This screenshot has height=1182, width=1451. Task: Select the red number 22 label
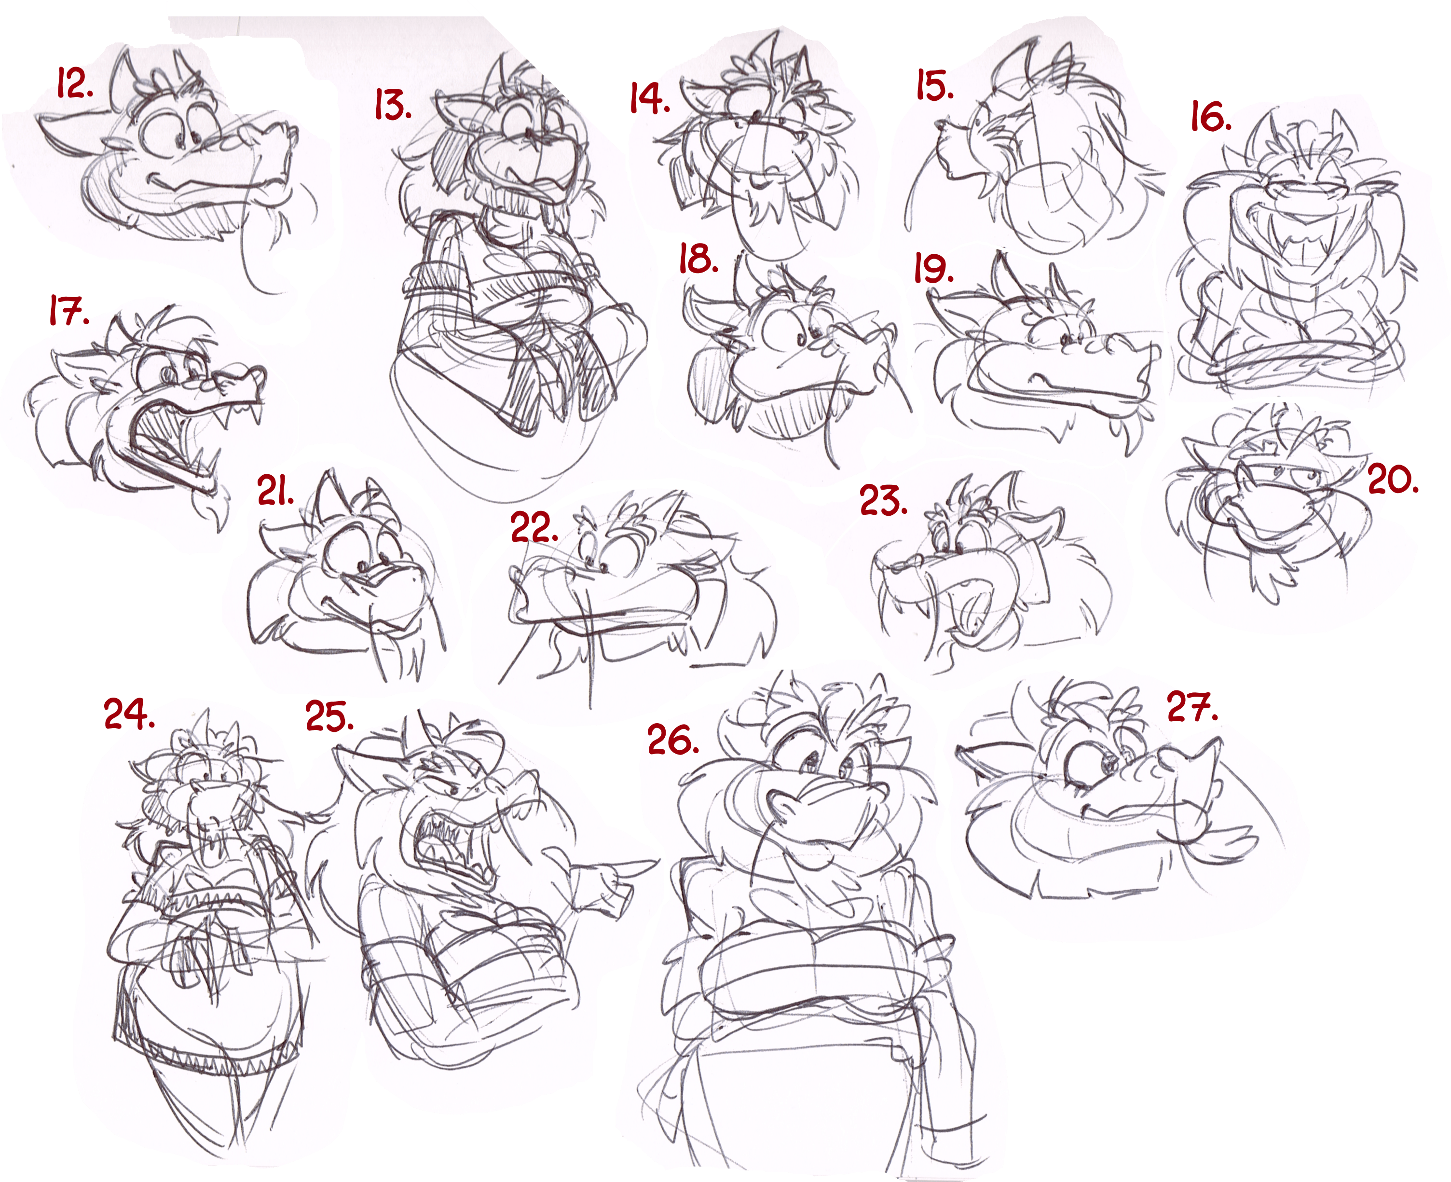tap(534, 527)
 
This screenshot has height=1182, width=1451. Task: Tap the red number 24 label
tap(129, 714)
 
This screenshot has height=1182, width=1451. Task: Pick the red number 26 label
tap(673, 740)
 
